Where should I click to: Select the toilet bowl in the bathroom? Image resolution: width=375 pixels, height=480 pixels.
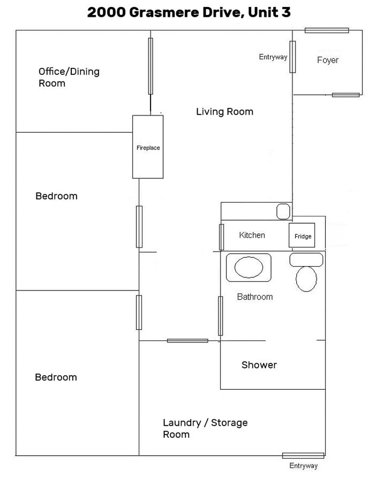tap(306, 278)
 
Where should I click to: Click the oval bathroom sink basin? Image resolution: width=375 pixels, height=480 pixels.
tap(248, 267)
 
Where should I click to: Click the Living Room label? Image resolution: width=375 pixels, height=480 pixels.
tap(225, 112)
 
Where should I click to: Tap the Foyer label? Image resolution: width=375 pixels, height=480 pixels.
tap(328, 60)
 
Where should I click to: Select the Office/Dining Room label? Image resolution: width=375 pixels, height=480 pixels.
tap(69, 77)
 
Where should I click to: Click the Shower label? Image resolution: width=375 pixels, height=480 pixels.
tap(259, 365)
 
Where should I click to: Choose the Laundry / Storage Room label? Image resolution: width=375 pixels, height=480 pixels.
tap(205, 428)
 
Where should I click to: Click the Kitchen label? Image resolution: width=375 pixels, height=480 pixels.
tap(252, 235)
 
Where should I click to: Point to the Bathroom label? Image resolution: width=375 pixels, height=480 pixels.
tap(255, 297)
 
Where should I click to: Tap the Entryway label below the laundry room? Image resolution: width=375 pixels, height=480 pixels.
tap(304, 466)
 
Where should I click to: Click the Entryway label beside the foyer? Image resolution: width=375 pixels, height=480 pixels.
tap(273, 57)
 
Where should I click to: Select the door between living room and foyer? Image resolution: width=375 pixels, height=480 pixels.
tap(292, 57)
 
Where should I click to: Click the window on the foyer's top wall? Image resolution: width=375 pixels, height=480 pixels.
tap(327, 30)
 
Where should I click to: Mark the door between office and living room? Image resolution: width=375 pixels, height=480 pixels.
tap(150, 66)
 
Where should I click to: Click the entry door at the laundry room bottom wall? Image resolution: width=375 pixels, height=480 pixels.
tap(303, 456)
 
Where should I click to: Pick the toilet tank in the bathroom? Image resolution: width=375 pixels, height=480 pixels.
tap(306, 260)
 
